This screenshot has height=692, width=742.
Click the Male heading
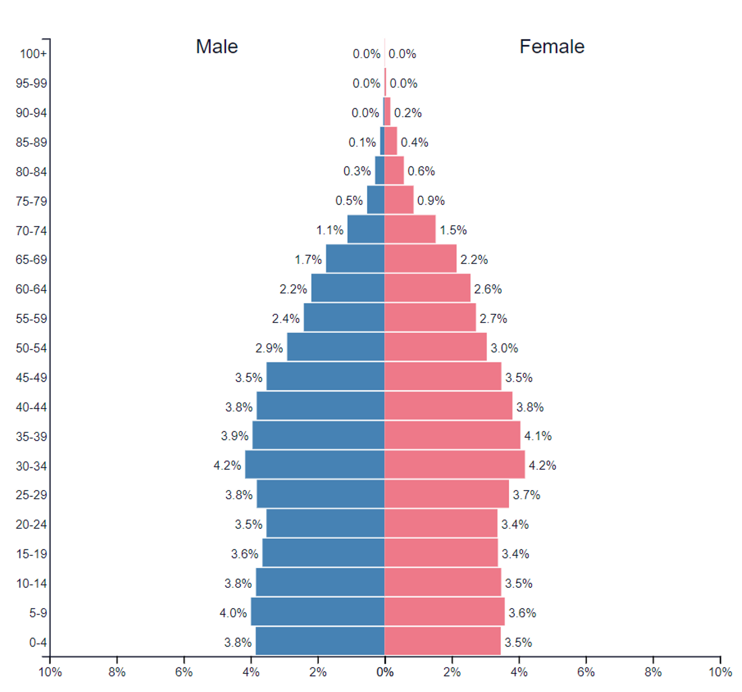[217, 47]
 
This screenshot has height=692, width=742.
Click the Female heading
[552, 47]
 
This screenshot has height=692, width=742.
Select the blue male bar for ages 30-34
[315, 465]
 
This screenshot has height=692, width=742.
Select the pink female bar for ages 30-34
[454, 465]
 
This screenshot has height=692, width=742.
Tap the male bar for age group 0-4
[320, 642]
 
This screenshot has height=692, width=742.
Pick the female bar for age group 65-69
[420, 259]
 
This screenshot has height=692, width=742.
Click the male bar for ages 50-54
[336, 347]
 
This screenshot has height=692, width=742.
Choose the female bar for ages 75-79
[399, 200]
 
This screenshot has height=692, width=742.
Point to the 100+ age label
[33, 54]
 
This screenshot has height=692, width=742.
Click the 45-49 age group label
[31, 378]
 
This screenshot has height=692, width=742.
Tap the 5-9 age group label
[38, 613]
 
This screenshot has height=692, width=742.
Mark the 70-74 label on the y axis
[31, 231]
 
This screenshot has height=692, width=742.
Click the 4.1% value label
[538, 436]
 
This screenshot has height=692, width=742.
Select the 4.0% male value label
[233, 613]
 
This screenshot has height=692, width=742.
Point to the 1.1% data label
[330, 230]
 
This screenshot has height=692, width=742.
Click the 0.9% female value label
[431, 201]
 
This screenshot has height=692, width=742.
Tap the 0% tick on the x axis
[385, 672]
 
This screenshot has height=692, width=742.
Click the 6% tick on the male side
[184, 672]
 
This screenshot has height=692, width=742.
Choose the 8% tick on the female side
[653, 672]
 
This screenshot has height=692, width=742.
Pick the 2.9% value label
[269, 348]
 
